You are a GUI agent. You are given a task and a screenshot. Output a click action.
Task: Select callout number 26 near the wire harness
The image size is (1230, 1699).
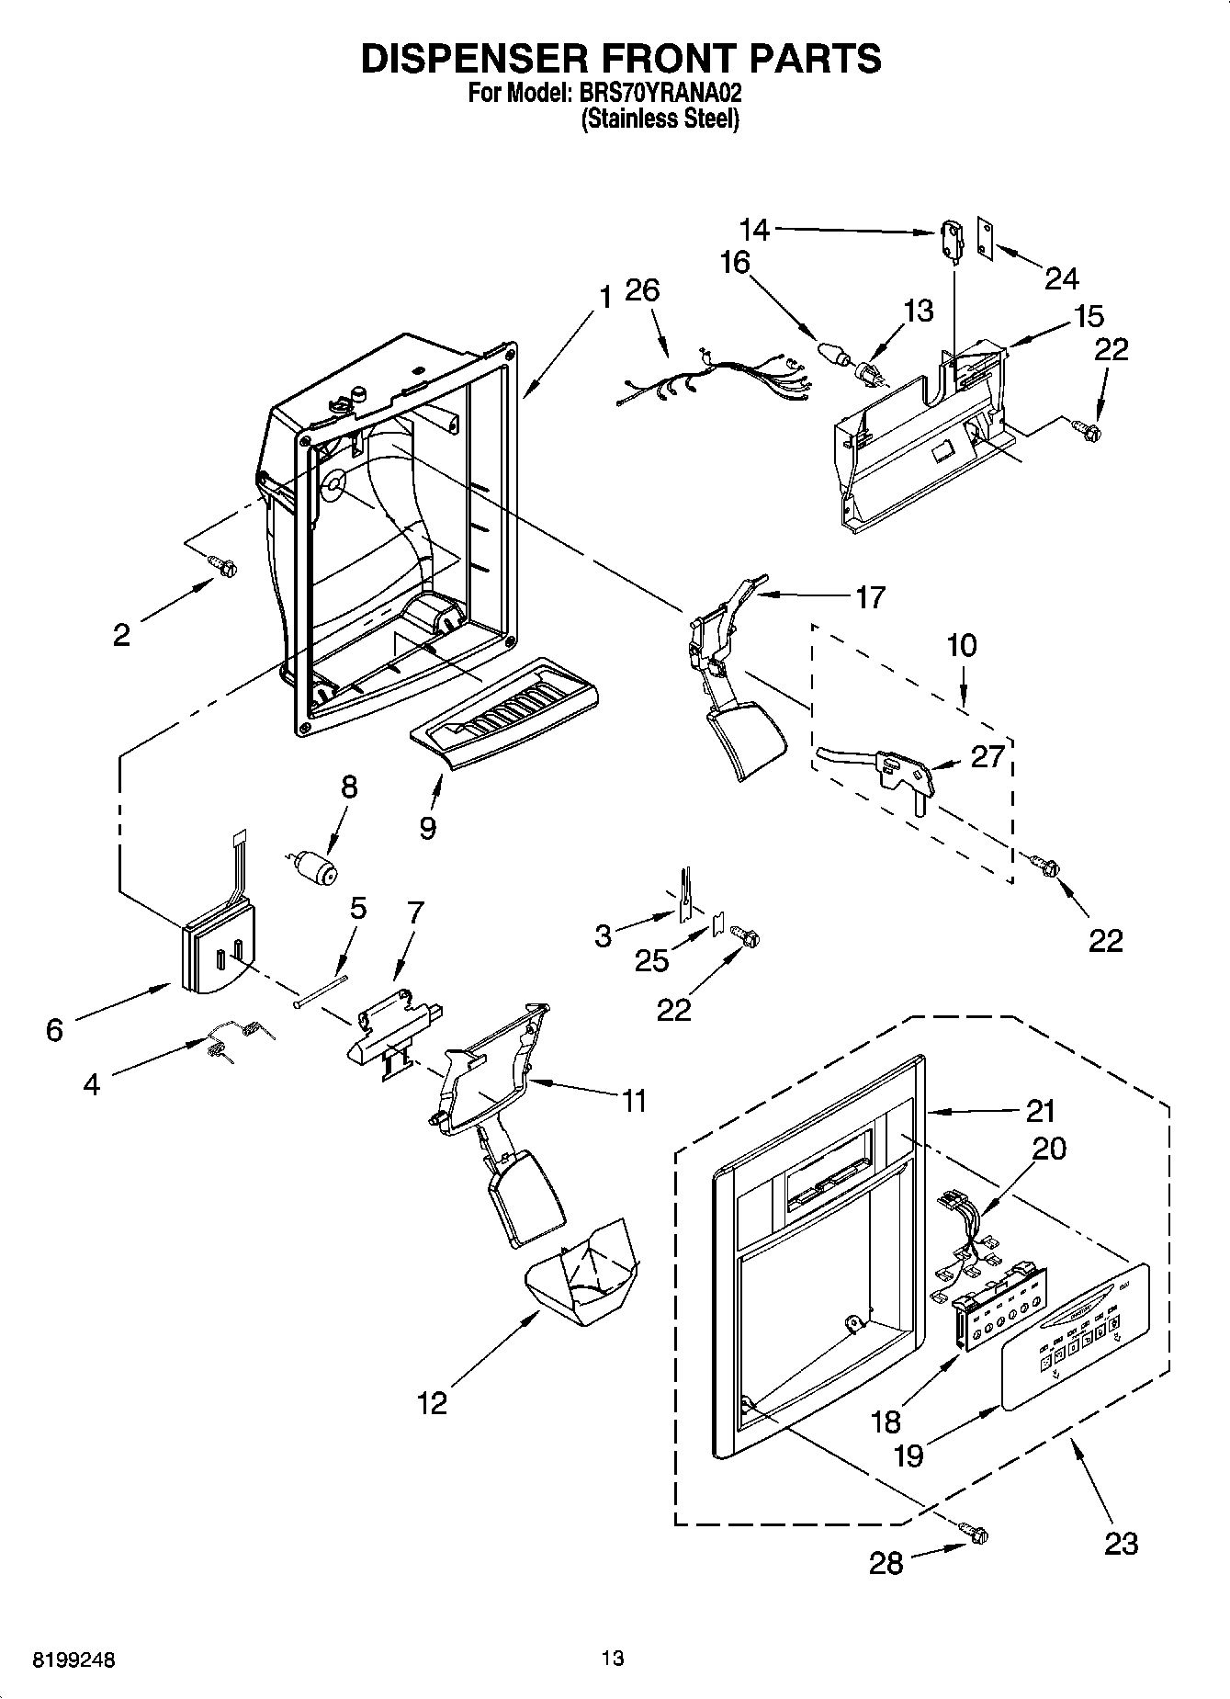[x=642, y=290]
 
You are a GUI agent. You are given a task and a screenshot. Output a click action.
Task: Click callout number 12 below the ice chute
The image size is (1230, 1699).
[x=432, y=1403]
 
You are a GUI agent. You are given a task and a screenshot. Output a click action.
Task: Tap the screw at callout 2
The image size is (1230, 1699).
[x=221, y=567]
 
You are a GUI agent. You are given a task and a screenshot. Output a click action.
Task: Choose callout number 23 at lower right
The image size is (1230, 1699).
[x=1121, y=1543]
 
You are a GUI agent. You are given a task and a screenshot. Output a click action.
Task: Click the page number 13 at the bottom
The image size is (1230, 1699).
[x=613, y=1658]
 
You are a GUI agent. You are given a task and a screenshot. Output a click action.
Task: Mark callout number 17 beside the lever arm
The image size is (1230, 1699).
[x=869, y=596]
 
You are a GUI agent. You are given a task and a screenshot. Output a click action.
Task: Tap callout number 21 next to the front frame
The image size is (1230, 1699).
[x=1040, y=1112]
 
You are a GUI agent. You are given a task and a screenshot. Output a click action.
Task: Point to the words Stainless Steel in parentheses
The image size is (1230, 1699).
[x=660, y=119]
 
